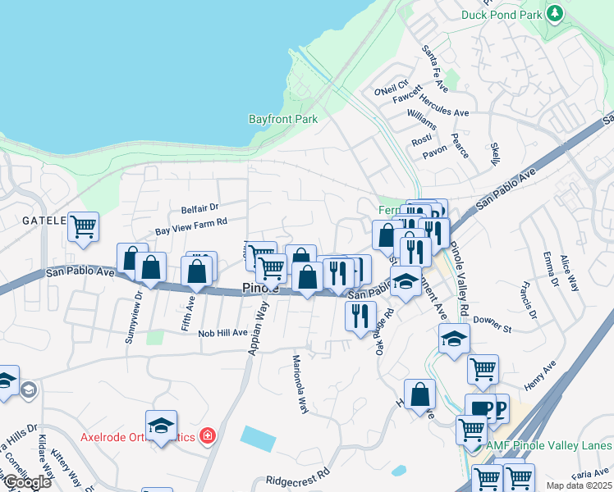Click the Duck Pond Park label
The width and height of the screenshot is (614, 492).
click(502, 14)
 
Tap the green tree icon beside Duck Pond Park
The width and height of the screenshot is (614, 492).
click(556, 13)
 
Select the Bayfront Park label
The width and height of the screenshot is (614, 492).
click(283, 119)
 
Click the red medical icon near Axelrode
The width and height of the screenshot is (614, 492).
click(207, 435)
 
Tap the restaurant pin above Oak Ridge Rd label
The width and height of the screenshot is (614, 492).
click(360, 315)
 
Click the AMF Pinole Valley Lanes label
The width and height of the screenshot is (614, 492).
click(549, 446)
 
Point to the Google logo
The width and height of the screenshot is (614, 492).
click(26, 482)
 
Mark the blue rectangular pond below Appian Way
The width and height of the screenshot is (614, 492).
click(260, 437)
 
